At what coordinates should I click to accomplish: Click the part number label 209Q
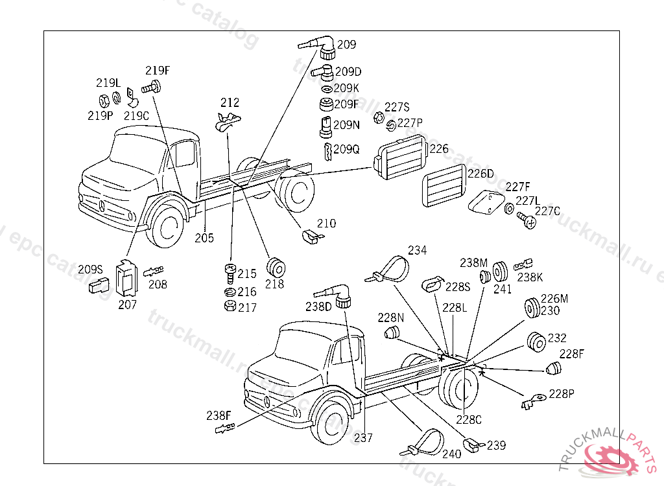[346, 149]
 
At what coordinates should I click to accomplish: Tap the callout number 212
[230, 102]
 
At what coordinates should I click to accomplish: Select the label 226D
[480, 174]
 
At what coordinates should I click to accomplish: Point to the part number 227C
[547, 210]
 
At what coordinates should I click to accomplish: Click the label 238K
[530, 277]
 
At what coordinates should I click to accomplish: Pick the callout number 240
[451, 454]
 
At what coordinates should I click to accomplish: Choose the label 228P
[561, 393]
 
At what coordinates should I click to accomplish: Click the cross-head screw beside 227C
[527, 220]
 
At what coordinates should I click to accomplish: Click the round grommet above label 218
[276, 266]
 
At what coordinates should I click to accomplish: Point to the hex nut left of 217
[229, 307]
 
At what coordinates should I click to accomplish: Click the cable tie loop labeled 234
[392, 268]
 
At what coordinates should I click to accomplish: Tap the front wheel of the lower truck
[332, 421]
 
